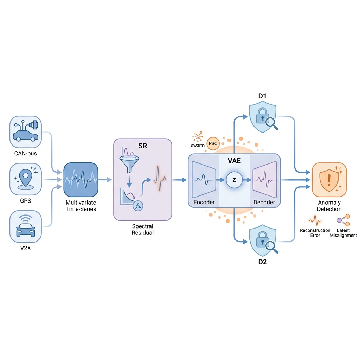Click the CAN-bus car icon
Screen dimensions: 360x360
point(25,132)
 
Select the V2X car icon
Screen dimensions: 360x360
point(25,226)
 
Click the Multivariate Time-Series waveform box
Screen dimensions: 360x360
point(81,180)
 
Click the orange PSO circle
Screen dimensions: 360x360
point(213,144)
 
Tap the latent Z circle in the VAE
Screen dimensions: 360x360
point(234,180)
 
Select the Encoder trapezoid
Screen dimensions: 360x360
point(204,180)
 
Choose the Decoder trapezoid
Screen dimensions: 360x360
point(265,180)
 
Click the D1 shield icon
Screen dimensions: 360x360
point(263,118)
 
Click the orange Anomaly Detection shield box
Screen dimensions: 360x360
point(329,180)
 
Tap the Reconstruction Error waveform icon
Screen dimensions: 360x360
point(315,220)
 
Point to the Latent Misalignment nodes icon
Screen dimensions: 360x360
point(343,220)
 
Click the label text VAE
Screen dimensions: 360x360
point(234,161)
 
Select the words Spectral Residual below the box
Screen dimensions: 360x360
point(143,229)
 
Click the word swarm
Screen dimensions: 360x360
point(198,145)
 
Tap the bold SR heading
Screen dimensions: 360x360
point(143,146)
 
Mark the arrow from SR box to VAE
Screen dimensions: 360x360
point(179,180)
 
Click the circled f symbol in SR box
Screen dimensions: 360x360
point(138,206)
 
